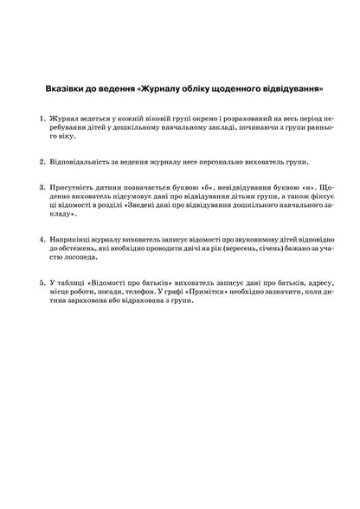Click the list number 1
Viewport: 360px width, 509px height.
tap(42, 117)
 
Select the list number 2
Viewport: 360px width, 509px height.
tap(42, 161)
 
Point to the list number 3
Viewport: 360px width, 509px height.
tap(42, 187)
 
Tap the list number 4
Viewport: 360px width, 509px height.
tap(42, 238)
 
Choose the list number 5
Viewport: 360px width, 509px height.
tap(42, 283)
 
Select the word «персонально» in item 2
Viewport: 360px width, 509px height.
tap(219, 161)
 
